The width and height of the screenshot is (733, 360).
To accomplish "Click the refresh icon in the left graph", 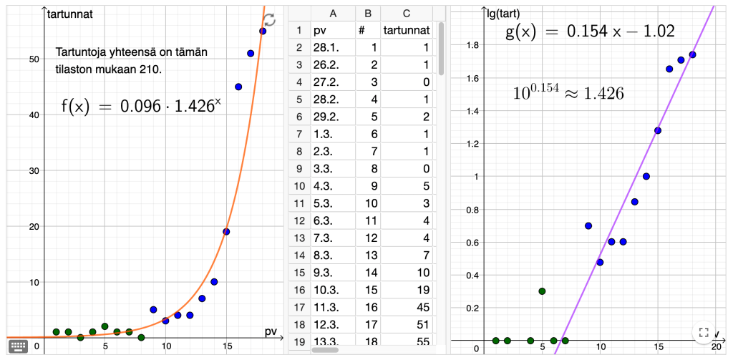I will pos(269,20).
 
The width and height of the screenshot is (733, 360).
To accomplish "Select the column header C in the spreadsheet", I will pos(407,13).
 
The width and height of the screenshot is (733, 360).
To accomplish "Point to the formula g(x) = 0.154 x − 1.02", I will pos(590,32).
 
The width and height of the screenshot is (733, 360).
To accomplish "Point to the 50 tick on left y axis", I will pos(33,59).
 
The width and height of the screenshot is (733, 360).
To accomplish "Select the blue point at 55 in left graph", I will pos(263,31).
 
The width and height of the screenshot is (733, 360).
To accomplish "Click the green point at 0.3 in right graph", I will pos(542,291).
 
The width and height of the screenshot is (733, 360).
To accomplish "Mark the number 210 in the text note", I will pos(152,70).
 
